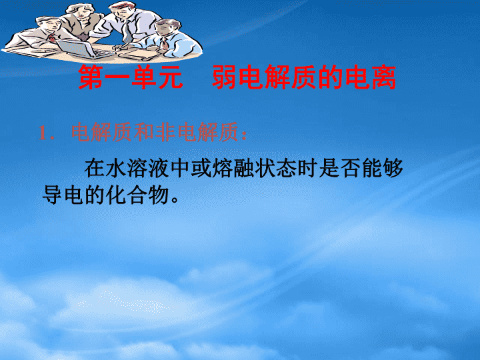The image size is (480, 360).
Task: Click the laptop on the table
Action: tap(84, 49)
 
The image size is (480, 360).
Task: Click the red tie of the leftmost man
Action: tap(51, 38)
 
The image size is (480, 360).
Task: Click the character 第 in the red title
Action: tap(91, 77)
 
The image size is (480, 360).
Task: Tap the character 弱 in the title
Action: tap(225, 77)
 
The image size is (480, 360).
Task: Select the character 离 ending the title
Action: tap(383, 77)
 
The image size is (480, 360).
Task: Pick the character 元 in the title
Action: tap(171, 77)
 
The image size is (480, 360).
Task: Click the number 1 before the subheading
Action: tap(43, 133)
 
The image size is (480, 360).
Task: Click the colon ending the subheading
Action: tap(244, 135)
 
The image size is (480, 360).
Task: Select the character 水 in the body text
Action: tap(116, 168)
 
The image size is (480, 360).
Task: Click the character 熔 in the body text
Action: tap(222, 168)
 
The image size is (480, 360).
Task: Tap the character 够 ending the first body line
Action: tap(393, 168)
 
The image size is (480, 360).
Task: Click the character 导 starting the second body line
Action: tap(53, 195)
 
